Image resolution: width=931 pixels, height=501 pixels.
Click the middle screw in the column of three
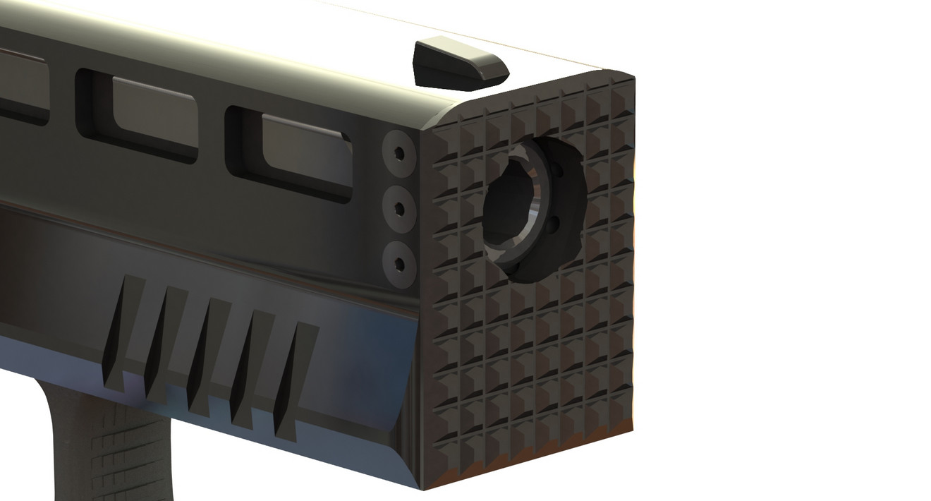399,209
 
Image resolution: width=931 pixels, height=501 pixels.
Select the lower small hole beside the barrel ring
554,226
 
